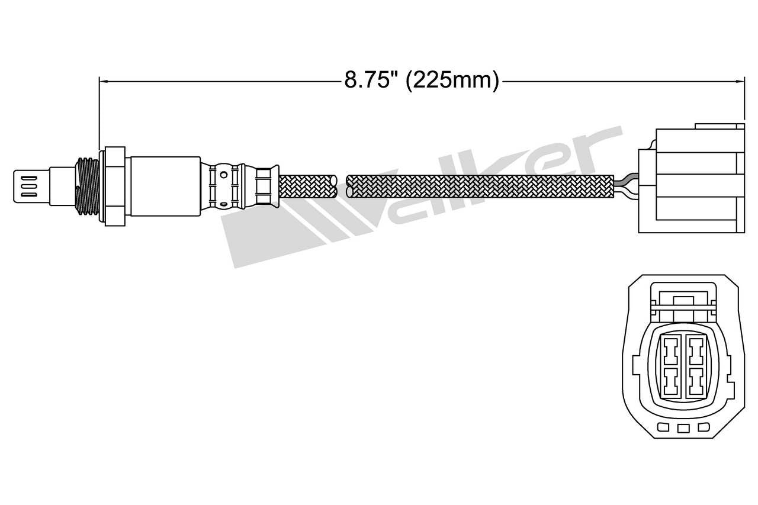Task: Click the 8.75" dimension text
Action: [x=370, y=80]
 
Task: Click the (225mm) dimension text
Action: [x=452, y=80]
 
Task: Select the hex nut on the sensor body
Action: [x=115, y=186]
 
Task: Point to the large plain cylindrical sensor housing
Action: [x=165, y=186]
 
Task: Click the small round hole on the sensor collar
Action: [x=223, y=174]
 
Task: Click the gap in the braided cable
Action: [x=341, y=185]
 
